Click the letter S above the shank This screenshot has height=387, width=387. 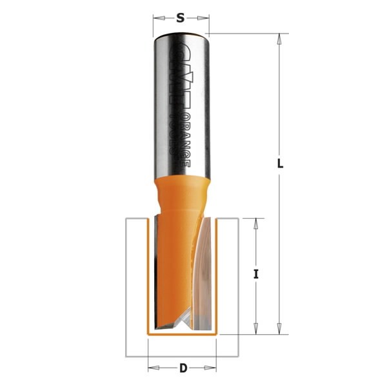[181, 18]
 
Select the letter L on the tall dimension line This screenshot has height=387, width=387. [280, 164]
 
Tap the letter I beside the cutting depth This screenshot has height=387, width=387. [256, 274]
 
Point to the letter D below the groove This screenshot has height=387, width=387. [183, 368]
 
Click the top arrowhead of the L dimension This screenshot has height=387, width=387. [279, 38]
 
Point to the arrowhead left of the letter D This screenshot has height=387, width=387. [153, 368]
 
